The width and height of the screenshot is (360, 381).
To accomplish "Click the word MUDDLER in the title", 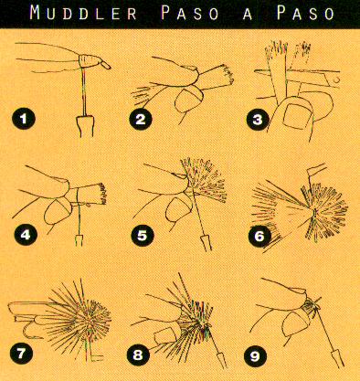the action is point(83,13).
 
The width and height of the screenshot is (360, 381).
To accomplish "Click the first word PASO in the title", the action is point(190,13).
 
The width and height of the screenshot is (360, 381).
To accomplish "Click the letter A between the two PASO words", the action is point(248,14).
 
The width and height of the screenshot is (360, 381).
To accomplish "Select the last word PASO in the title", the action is point(306,13).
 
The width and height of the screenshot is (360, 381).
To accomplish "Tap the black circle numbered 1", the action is point(24,118).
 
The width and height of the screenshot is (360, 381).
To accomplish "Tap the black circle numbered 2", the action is point(141,119).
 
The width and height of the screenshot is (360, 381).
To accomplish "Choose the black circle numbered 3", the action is point(258,120).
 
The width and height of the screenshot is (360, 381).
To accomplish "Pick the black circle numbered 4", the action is point(26,235).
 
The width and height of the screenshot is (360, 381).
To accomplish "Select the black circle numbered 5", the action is point(143,236).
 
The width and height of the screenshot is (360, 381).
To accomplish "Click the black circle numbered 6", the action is point(259,236).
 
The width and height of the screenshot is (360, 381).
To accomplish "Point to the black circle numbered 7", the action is point(21,354).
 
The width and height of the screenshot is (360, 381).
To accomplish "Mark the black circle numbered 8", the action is point(138,355).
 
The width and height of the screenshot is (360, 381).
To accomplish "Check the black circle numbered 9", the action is point(255,355).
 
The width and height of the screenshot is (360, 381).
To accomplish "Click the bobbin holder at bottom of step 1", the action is point(86,126).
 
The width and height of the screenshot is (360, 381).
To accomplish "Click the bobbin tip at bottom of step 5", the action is point(206,242).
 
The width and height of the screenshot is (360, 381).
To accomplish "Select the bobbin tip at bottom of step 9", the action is point(337,359).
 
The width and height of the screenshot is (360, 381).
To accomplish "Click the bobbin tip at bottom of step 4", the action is point(79,239).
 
